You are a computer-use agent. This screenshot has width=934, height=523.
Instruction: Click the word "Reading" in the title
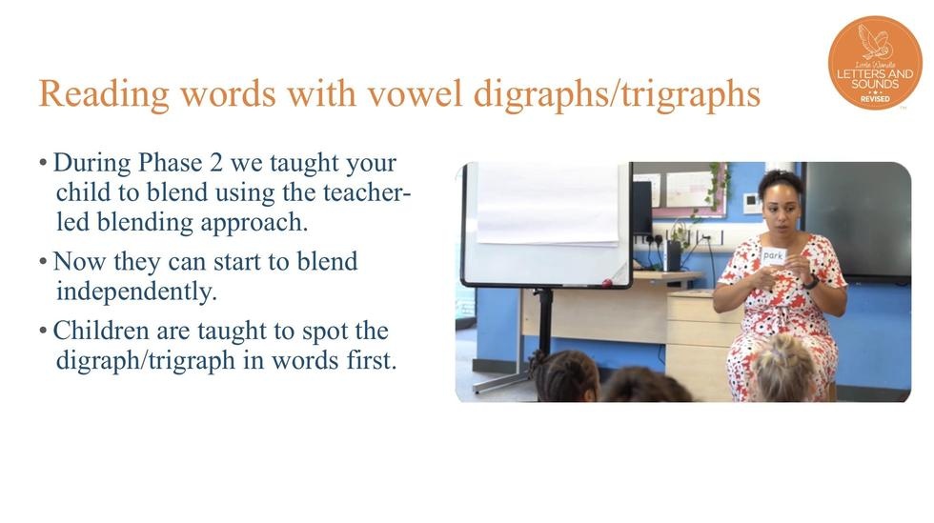[105, 94]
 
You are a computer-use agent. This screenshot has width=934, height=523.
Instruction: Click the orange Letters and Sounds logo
[875, 63]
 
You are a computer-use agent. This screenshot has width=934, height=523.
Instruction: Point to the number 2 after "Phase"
[215, 163]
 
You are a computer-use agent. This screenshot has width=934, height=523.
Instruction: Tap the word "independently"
[136, 292]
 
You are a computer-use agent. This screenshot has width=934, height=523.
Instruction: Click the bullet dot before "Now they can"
[43, 261]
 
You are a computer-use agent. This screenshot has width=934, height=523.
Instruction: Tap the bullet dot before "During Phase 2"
[43, 163]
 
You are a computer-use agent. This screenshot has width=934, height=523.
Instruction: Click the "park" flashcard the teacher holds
[773, 256]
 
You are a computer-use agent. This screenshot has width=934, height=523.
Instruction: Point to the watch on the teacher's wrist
[810, 281]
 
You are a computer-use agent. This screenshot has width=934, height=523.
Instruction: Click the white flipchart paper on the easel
[548, 204]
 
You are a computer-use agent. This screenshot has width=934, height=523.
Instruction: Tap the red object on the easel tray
[607, 283]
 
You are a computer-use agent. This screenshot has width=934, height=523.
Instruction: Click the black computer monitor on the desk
[642, 209]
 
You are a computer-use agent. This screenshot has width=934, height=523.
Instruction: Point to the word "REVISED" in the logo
[875, 99]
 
